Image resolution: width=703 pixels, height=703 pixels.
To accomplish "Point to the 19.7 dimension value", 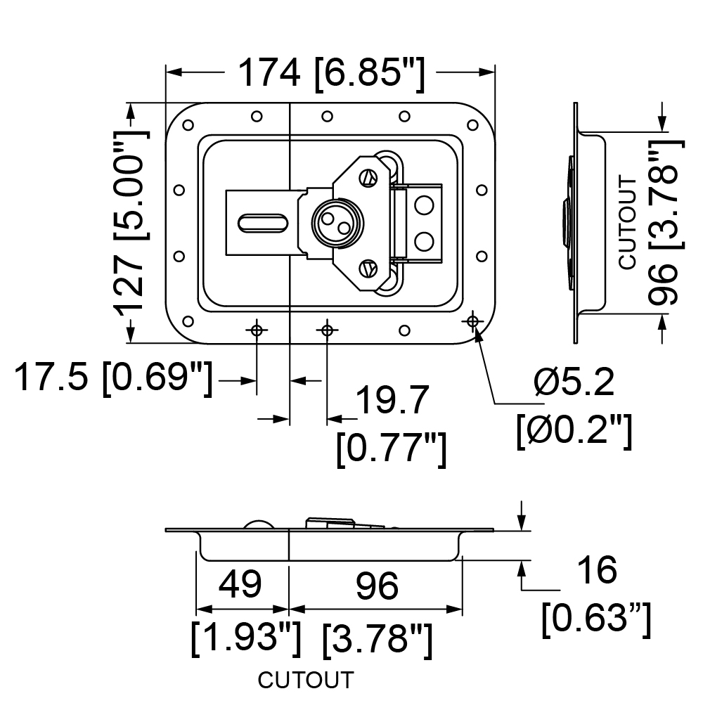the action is (x=392, y=400).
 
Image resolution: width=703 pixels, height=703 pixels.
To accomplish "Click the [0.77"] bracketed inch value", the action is (x=392, y=449).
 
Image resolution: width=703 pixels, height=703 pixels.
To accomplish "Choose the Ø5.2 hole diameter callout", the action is (x=574, y=382).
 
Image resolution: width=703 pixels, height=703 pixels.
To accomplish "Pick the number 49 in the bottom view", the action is (x=240, y=585).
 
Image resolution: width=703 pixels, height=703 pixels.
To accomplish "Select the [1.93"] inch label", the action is (x=245, y=638).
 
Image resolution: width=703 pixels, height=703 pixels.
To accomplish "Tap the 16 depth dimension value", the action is (x=598, y=570).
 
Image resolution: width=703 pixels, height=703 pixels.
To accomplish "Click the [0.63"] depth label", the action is (x=596, y=619).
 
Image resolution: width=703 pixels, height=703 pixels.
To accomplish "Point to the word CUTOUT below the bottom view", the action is (x=306, y=680).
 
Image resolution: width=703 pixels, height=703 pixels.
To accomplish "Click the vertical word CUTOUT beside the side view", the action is (x=628, y=224).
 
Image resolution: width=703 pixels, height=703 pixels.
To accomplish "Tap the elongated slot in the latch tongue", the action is (x=263, y=224).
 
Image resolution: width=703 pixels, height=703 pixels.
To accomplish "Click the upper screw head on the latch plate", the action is (x=368, y=178).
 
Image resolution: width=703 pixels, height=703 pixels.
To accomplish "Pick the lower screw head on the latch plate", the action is (x=368, y=269).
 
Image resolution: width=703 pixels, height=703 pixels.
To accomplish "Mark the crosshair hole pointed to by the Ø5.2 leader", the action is (x=472, y=321).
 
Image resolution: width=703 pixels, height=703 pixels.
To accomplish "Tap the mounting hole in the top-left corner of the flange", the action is (x=188, y=124).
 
